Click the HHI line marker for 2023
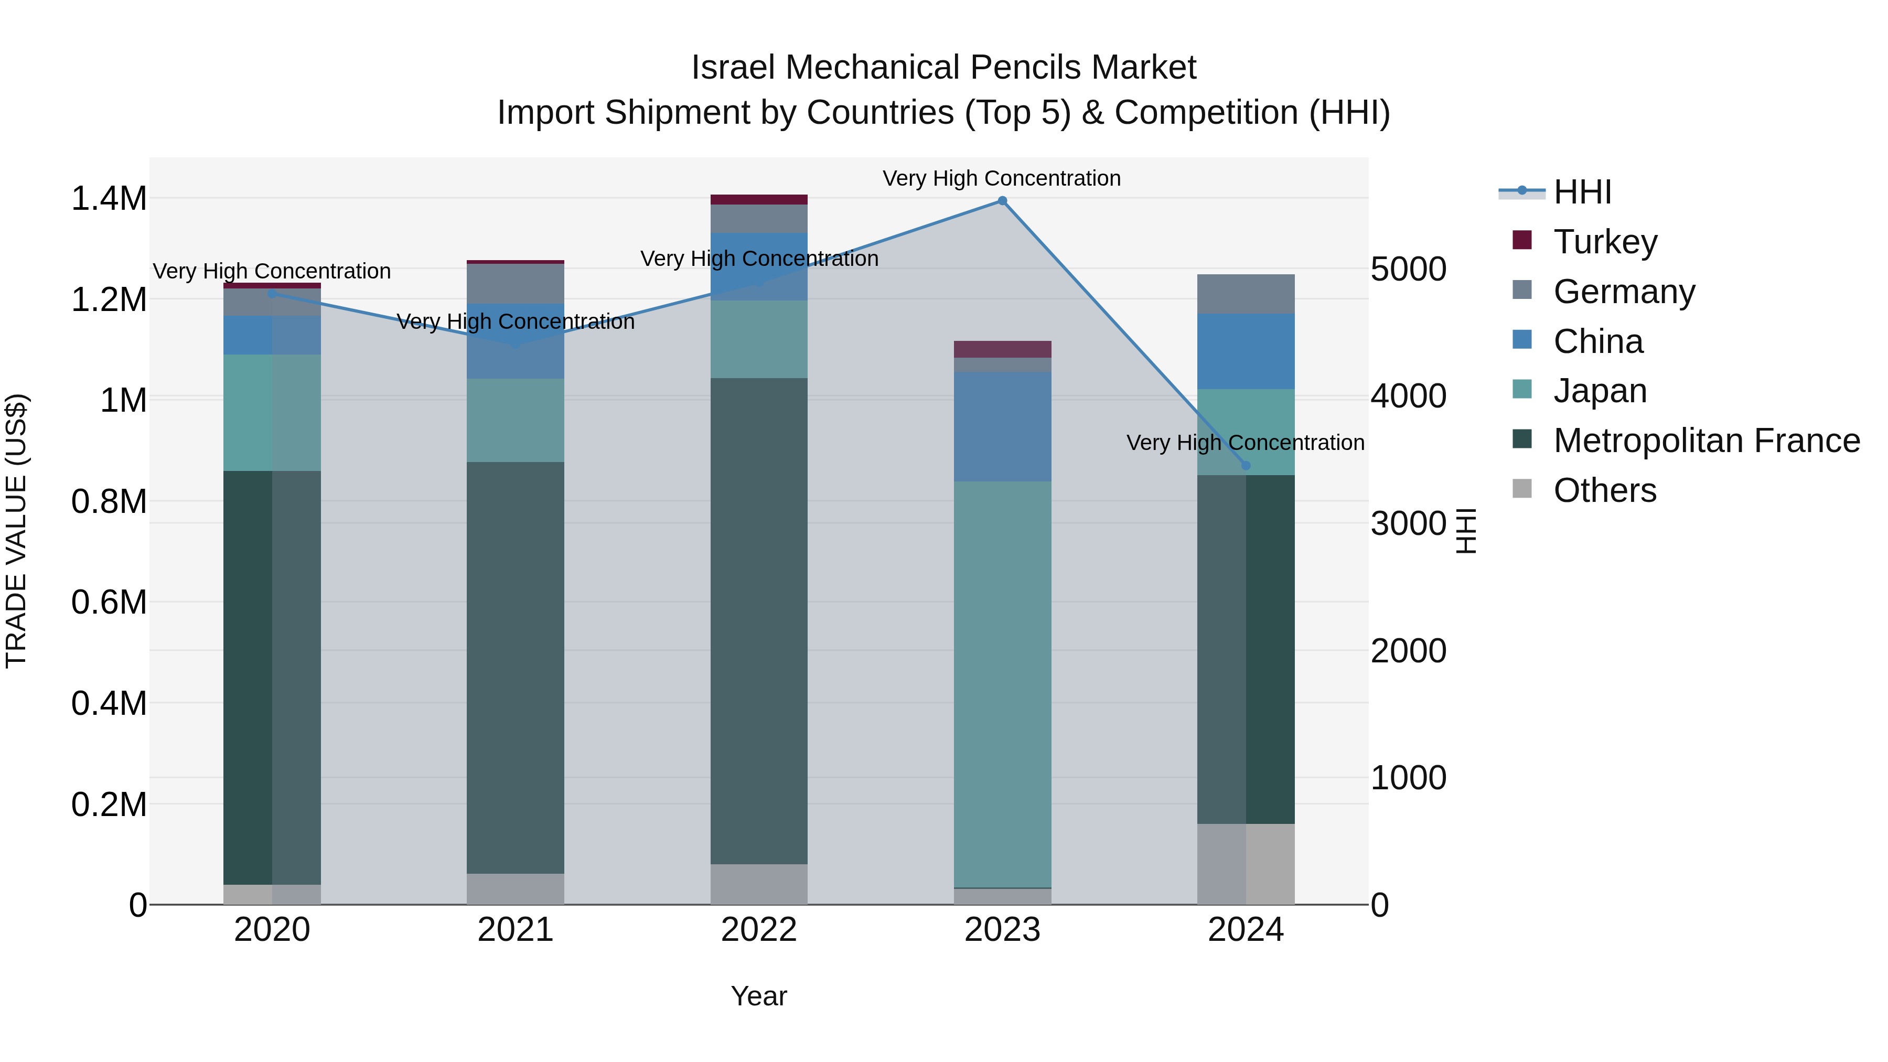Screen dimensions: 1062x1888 click(1002, 200)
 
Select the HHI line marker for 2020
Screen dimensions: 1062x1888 click(272, 293)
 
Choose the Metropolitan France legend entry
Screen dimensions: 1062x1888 click(1705, 441)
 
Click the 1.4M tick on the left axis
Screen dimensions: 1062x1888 click(109, 199)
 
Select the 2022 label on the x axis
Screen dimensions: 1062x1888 click(758, 930)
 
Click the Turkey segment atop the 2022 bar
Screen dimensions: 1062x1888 click(758, 199)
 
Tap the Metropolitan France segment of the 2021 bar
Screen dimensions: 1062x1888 click(515, 667)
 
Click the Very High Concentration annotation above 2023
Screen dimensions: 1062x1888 click(1001, 178)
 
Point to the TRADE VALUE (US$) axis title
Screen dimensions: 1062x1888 click(16, 531)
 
